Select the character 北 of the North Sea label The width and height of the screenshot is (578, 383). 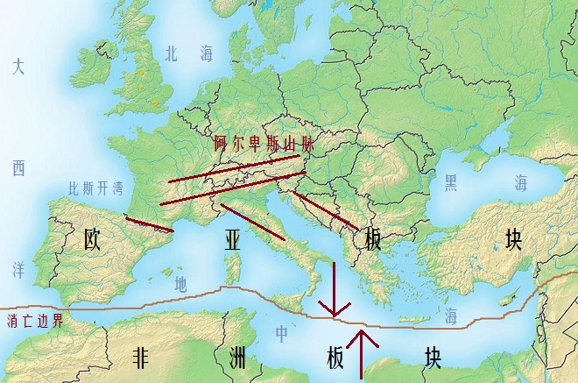pos(172,53)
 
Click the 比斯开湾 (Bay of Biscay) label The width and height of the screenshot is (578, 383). pos(95,188)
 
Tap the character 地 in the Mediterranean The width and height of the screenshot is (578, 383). pos(180,283)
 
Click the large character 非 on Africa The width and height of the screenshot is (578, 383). pos(140,358)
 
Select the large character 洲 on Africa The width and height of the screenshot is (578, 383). pos(236,358)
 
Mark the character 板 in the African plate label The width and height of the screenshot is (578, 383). pos(335,358)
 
